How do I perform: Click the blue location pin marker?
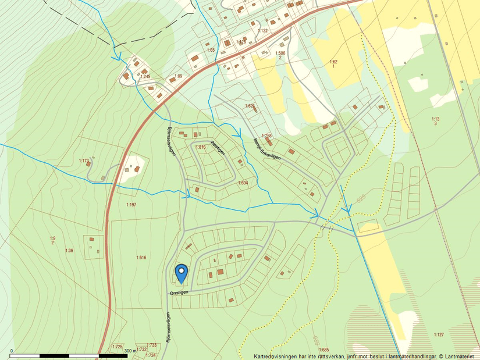pyautogui.click(x=182, y=273)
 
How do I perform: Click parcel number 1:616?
pyautogui.click(x=141, y=257)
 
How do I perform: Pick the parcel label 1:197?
pyautogui.click(x=131, y=205)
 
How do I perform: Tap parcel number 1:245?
pyautogui.click(x=145, y=76)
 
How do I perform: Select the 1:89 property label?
pyautogui.click(x=179, y=76)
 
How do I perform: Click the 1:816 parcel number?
pyautogui.click(x=201, y=148)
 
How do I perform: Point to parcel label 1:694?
pyautogui.click(x=243, y=183)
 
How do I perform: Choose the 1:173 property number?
pyautogui.click(x=84, y=161)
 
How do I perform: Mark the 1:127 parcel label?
pyautogui.click(x=439, y=334)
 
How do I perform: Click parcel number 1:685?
pyautogui.click(x=324, y=350)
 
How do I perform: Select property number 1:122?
pyautogui.click(x=262, y=30)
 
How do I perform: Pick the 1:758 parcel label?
pyautogui.click(x=267, y=136)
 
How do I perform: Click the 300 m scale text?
pyautogui.click(x=130, y=351)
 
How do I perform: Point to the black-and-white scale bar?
pyautogui.click(x=69, y=355)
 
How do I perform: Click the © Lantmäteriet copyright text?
pyautogui.click(x=457, y=356)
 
